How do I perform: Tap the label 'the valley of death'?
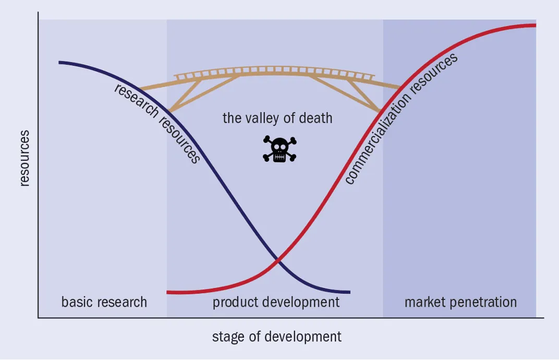277,118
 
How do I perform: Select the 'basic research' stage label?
104,302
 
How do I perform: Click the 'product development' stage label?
276,302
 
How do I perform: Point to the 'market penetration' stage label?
460,302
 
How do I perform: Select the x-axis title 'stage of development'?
276,337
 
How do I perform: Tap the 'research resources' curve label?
157,123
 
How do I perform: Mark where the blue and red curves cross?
278,259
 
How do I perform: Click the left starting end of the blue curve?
60,62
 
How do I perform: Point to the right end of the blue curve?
349,292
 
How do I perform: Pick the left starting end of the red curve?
168,292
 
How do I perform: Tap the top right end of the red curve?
535,25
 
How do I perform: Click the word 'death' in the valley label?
314,118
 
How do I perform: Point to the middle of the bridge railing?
274,70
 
